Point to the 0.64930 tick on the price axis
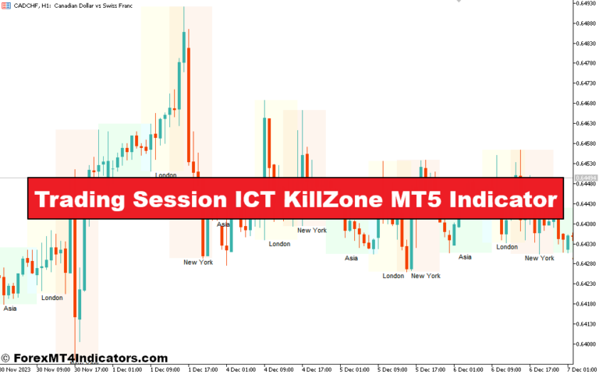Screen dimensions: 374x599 tap(584, 3)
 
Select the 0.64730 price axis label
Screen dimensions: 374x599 tap(584, 83)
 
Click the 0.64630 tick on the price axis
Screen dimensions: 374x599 tap(584, 123)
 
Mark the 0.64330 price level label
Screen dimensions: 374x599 tap(584, 244)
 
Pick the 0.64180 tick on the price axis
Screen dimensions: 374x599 tap(584, 304)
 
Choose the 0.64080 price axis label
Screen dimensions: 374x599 tap(584, 344)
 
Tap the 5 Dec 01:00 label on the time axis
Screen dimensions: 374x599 tap(356, 369)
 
